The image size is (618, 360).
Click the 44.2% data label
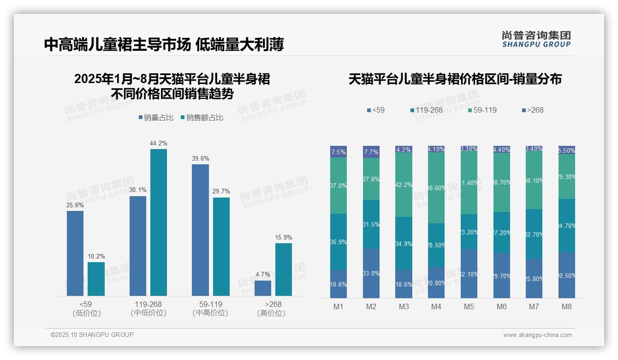click(158, 143)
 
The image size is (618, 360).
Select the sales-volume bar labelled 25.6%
click(75, 253)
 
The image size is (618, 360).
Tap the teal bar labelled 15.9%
click(284, 270)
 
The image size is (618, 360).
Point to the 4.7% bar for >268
click(263, 288)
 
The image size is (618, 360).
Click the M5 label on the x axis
click(469, 307)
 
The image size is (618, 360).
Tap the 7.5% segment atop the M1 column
click(339, 152)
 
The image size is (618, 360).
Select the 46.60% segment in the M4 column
click(436, 188)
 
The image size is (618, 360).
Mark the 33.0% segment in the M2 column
click(371, 273)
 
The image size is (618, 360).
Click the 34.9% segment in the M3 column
click(404, 243)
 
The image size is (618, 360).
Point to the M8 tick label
click(567, 307)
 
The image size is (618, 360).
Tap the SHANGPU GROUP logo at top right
click(536, 39)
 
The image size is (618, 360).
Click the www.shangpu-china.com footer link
click(537, 335)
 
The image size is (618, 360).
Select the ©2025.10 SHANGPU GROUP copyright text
click(92, 335)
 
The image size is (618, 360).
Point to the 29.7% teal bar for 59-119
click(221, 246)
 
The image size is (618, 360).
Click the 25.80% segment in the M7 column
click(534, 278)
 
